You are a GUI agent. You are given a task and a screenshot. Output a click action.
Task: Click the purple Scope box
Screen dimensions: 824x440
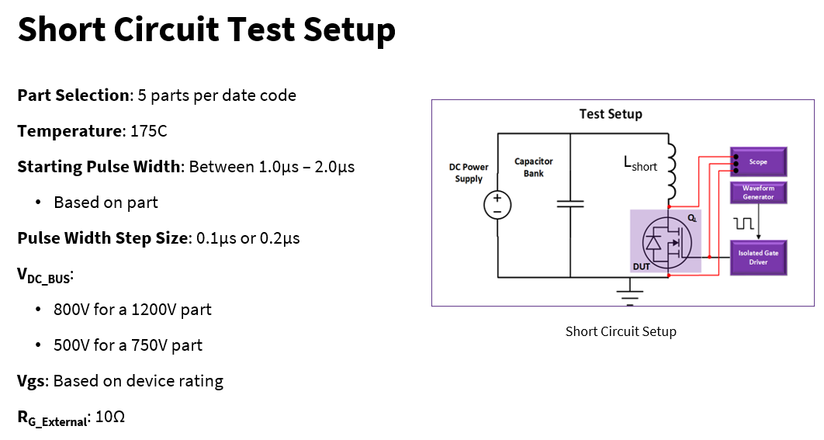tap(758, 162)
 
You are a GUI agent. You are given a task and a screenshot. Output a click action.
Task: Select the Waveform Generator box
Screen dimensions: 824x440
tap(758, 192)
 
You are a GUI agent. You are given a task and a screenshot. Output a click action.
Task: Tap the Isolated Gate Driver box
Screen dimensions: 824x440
tap(758, 258)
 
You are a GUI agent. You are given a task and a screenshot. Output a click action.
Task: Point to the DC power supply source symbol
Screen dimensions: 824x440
tap(497, 205)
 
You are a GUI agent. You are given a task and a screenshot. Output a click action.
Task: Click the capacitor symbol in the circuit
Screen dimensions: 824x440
tap(570, 203)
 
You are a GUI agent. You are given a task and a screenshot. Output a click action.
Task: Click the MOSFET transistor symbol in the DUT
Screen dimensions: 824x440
tap(667, 242)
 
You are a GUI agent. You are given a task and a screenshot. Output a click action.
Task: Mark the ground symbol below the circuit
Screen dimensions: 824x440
tap(629, 292)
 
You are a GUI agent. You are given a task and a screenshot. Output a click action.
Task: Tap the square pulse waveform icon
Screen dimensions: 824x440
tap(744, 224)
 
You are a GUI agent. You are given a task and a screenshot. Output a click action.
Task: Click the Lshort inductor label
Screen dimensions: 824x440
tap(640, 164)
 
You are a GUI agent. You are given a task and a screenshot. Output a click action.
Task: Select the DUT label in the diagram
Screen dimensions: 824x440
tap(641, 266)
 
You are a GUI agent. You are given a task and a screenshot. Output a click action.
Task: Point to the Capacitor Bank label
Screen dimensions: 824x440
tap(533, 167)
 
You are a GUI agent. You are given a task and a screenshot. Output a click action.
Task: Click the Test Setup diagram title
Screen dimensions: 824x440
tap(611, 114)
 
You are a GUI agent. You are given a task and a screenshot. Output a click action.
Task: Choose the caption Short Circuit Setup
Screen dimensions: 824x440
tap(621, 331)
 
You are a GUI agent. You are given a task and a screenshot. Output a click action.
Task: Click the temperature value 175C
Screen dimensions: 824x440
tap(149, 131)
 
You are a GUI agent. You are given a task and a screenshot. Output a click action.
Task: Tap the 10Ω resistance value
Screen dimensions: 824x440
tap(110, 417)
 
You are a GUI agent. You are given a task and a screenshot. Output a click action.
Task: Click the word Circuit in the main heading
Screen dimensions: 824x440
tap(166, 29)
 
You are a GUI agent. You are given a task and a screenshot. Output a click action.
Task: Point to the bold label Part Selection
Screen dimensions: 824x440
tap(73, 95)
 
